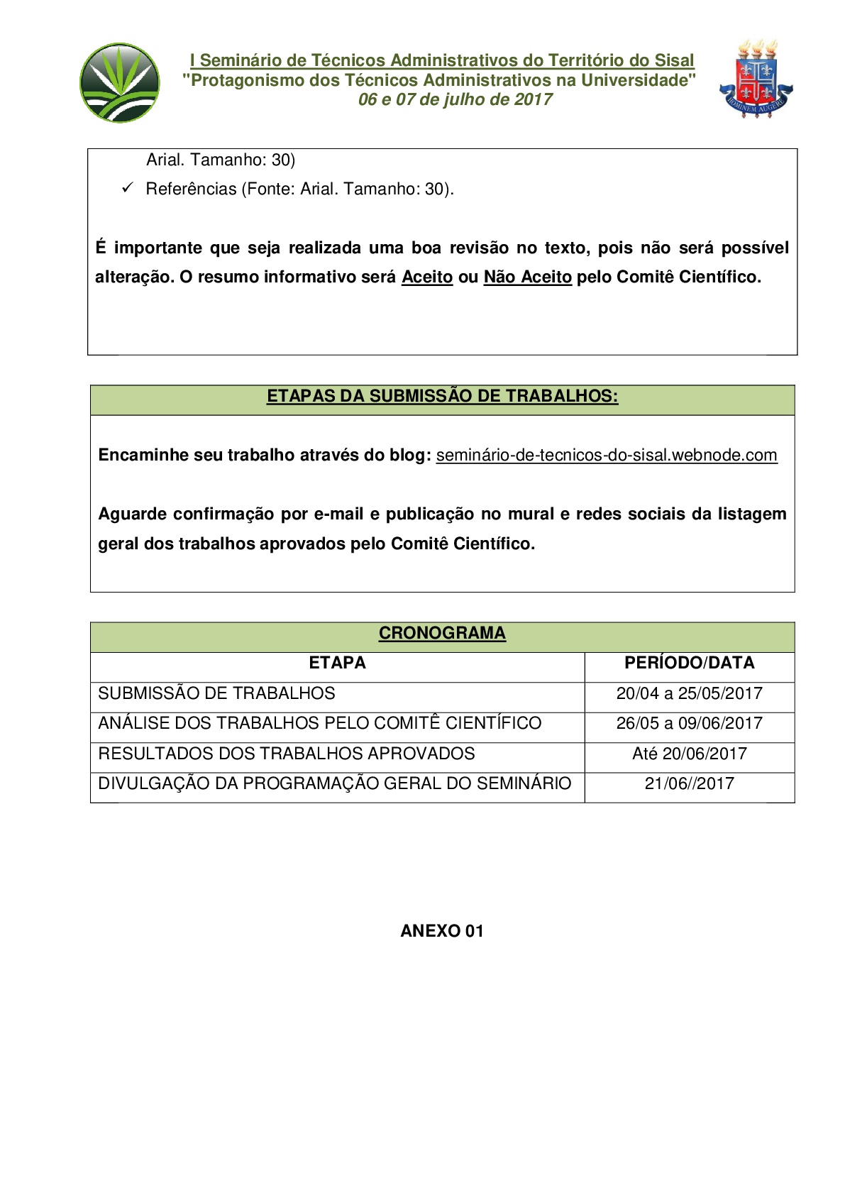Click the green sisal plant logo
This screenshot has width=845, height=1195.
point(119,82)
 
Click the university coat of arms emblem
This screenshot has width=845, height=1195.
point(756,79)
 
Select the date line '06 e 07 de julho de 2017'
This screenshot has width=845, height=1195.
point(455,99)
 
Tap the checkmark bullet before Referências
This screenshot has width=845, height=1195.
point(128,188)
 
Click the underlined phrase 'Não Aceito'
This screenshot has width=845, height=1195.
point(527,277)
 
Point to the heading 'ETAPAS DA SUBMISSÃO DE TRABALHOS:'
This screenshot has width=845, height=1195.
point(442,396)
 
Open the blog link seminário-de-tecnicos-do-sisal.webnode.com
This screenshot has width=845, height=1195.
point(607,455)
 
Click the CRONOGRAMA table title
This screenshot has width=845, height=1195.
point(442,633)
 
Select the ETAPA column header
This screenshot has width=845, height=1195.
point(337,663)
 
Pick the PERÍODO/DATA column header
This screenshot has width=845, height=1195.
point(689,663)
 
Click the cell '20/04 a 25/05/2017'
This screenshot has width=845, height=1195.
point(689,693)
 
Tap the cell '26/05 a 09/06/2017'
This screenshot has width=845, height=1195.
point(689,723)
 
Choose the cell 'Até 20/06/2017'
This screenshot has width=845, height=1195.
point(689,754)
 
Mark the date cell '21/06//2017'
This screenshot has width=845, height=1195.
point(689,783)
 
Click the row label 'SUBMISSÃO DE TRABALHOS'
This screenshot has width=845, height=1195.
point(216,693)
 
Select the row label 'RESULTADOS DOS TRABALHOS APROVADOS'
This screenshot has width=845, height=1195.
point(287,754)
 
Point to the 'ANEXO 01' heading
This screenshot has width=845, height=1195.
point(442,931)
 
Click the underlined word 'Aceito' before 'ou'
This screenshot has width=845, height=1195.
point(426,277)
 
